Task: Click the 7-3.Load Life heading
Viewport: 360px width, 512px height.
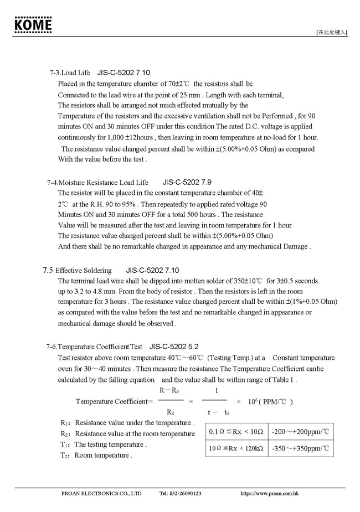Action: (x=69, y=73)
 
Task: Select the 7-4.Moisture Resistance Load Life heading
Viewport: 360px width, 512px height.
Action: (x=97, y=182)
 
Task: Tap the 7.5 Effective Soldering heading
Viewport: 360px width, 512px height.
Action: (x=77, y=271)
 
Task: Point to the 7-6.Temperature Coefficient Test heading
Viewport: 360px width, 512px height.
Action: (x=95, y=347)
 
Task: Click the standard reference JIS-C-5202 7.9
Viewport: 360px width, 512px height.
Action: (x=187, y=182)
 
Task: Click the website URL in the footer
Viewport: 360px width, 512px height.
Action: (x=270, y=493)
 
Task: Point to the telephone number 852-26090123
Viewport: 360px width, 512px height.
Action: (x=180, y=493)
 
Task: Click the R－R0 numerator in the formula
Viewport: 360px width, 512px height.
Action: (x=169, y=391)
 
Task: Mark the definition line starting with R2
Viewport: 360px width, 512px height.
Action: (x=127, y=434)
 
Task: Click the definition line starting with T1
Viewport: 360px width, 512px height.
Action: (x=104, y=444)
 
